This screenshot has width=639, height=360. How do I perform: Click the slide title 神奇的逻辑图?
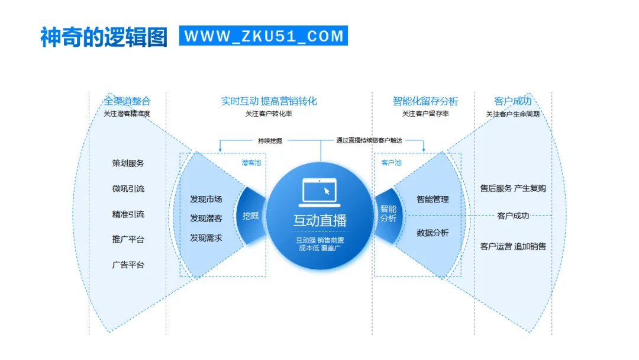point(104,36)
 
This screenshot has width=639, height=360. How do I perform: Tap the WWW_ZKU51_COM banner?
point(264,36)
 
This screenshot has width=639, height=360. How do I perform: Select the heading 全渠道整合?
point(127,101)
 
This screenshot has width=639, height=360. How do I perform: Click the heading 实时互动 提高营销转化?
point(269,101)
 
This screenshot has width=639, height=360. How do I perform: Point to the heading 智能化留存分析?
point(425,101)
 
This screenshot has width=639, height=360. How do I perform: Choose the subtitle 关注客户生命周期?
point(512,114)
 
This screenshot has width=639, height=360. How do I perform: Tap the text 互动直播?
point(319,220)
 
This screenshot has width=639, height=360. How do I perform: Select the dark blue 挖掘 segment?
point(251,216)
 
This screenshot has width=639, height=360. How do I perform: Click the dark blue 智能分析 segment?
point(388,213)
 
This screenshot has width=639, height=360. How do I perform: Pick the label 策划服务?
point(128,163)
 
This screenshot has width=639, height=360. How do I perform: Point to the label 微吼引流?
point(128,188)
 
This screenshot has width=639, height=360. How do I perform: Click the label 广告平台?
point(128,265)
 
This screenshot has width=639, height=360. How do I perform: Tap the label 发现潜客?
point(206,218)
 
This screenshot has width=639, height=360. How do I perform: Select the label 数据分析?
point(433,233)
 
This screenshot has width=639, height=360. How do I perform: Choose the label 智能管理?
point(433,200)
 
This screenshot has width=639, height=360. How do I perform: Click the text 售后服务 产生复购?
point(513,188)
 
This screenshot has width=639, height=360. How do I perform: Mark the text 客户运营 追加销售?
point(513,246)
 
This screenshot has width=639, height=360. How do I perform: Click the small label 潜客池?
point(251,162)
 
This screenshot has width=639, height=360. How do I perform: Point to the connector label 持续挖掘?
point(270,141)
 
